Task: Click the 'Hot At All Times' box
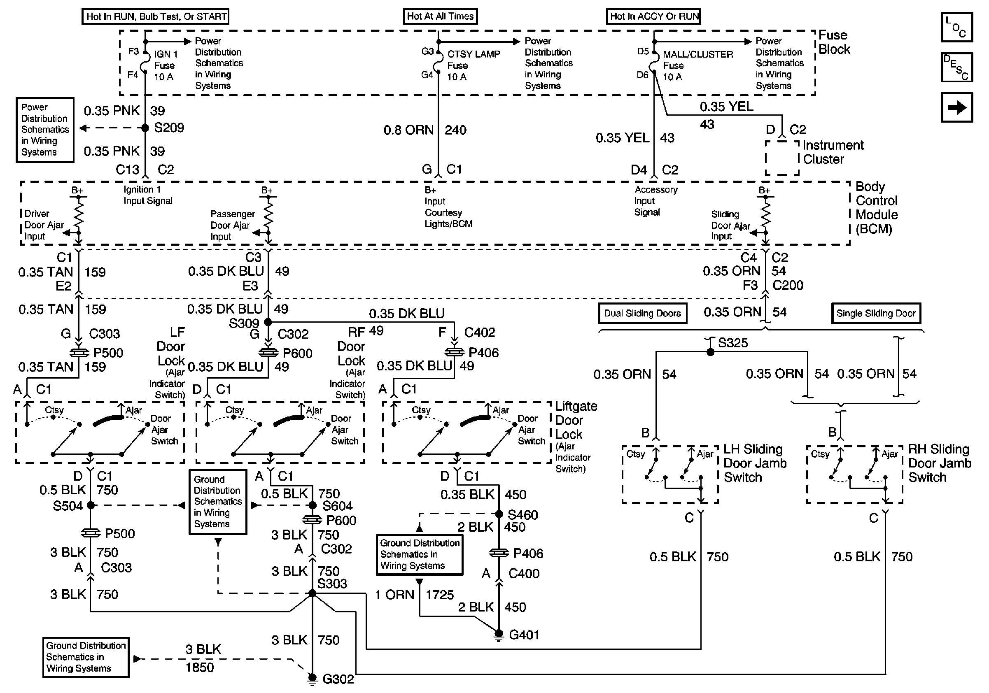click(x=440, y=16)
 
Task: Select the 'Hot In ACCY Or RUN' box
click(x=653, y=16)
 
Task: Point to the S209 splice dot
click(x=145, y=128)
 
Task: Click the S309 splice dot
click(x=268, y=322)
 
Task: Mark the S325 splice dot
click(x=710, y=352)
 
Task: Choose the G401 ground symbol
click(x=498, y=635)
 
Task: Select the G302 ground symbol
click(x=312, y=678)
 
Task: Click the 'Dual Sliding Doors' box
click(x=642, y=313)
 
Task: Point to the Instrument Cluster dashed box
click(x=782, y=158)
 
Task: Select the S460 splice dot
click(x=499, y=514)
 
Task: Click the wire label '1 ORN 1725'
click(x=414, y=595)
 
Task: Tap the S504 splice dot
click(x=91, y=505)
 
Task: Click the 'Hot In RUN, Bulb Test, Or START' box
click(x=155, y=16)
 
